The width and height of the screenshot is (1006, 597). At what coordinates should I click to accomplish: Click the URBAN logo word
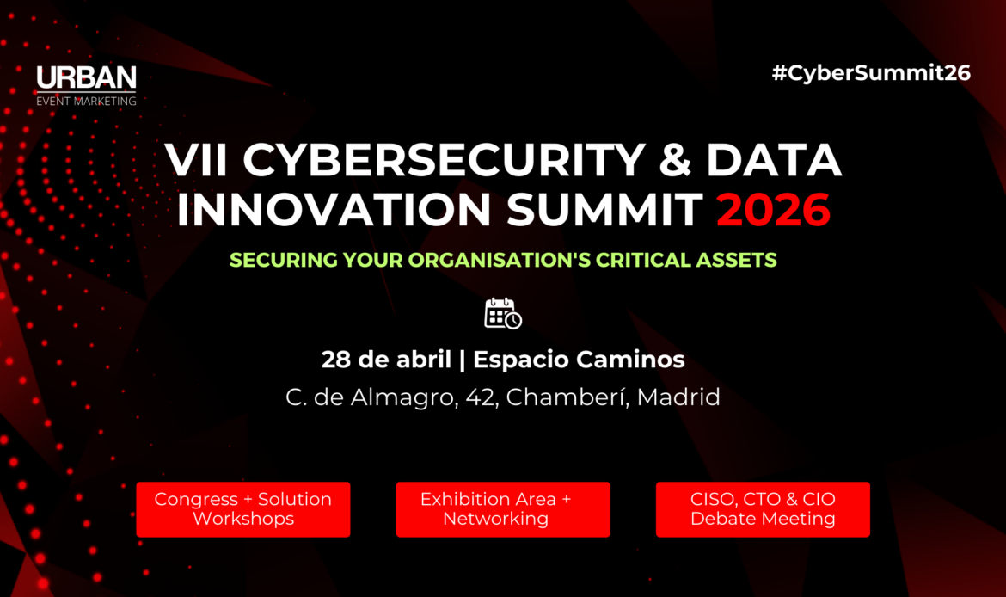86,78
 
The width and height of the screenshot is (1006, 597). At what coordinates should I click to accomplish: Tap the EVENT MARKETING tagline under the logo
86,101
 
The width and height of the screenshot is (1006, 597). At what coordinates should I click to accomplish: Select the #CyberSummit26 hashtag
871,73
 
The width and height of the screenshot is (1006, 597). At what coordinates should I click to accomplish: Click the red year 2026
774,210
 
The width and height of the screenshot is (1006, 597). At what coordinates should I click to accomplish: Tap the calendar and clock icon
503,314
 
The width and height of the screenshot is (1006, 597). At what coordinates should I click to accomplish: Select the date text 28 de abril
387,360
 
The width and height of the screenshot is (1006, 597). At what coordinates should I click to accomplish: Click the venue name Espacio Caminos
579,360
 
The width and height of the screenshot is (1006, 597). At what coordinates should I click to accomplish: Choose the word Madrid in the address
678,398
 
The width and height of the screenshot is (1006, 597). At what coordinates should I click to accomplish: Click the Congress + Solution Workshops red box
243,509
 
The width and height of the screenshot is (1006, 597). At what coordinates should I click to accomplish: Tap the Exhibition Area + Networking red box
503,509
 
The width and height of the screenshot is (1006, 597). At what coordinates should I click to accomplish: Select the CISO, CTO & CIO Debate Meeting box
763,509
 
